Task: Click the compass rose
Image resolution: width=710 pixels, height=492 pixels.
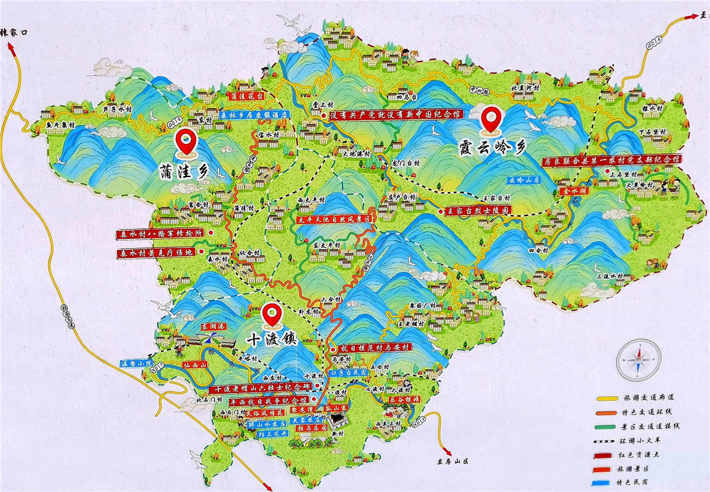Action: [639, 359]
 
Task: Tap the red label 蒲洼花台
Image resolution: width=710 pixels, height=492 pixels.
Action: [247, 95]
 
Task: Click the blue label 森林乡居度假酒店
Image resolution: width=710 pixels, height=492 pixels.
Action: [253, 115]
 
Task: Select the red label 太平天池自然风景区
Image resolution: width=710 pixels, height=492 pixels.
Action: [337, 219]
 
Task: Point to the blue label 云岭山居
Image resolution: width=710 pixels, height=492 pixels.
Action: [521, 180]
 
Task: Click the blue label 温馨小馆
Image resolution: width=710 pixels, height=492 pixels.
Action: [137, 363]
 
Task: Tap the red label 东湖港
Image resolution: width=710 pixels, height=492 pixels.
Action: [210, 326]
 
